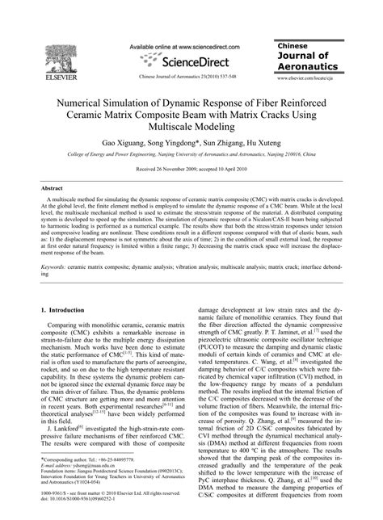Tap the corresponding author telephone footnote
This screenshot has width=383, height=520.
90,480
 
